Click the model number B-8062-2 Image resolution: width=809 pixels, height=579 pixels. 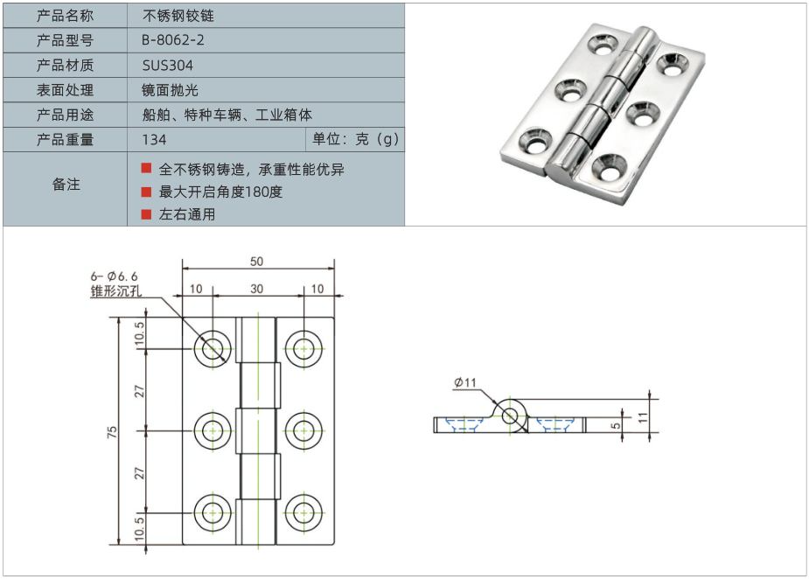pyautogui.click(x=173, y=40)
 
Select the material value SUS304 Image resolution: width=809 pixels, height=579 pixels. pyautogui.click(x=167, y=66)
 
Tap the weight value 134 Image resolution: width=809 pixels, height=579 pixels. pyautogui.click(x=154, y=140)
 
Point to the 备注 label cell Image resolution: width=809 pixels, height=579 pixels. pyautogui.click(x=66, y=185)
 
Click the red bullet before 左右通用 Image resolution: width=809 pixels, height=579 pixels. pyautogui.click(x=146, y=213)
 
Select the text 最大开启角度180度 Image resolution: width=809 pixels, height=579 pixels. pyautogui.click(x=220, y=192)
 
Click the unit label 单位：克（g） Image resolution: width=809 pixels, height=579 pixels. pyautogui.click(x=356, y=140)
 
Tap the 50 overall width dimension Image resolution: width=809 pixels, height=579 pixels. pyautogui.click(x=256, y=262)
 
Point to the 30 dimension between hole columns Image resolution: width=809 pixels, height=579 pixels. pyautogui.click(x=256, y=289)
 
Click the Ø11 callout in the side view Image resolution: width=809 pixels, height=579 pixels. pyautogui.click(x=464, y=382)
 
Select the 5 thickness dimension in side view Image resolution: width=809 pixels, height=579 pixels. pyautogui.click(x=617, y=425)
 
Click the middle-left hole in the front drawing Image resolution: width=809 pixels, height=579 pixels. pyautogui.click(x=213, y=430)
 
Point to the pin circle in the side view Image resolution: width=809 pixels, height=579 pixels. pyautogui.click(x=510, y=414)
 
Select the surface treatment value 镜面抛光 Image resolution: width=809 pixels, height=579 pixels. pyautogui.click(x=171, y=90)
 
